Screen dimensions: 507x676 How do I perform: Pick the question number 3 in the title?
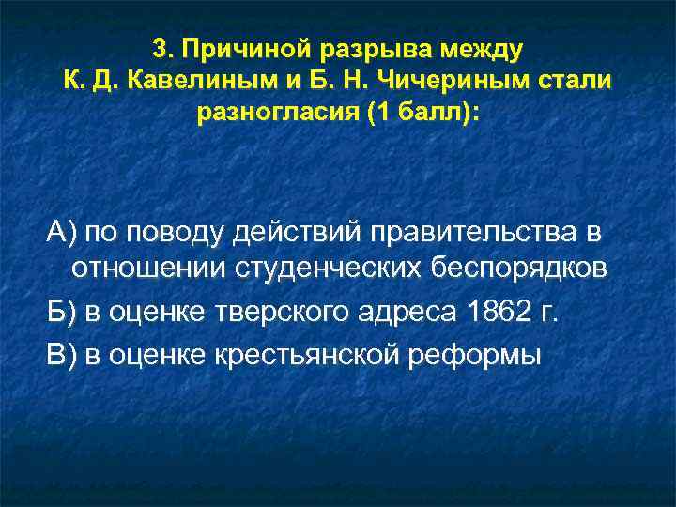tap(159, 47)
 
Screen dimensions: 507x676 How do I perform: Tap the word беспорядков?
tap(518, 269)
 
